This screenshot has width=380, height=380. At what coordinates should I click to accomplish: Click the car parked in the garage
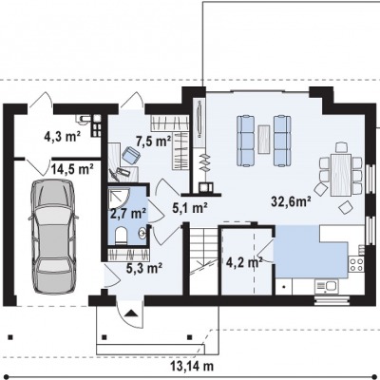click(53, 237)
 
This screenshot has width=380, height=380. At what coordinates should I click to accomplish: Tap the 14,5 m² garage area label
click(72, 169)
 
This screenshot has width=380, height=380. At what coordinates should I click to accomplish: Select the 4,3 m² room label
click(63, 137)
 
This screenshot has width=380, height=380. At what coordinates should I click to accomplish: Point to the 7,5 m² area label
click(153, 142)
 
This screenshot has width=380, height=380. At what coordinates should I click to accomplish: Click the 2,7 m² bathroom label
click(128, 214)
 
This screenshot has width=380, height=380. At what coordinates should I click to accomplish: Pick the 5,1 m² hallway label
click(190, 208)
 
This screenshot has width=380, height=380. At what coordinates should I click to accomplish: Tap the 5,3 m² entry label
click(144, 268)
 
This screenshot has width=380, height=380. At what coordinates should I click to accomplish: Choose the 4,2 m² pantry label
click(244, 262)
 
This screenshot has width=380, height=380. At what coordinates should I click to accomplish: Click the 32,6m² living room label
click(291, 201)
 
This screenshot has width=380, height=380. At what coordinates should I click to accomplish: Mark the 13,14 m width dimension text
click(192, 367)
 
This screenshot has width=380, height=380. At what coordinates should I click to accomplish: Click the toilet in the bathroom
click(121, 236)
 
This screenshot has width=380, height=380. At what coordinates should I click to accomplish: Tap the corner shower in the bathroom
click(119, 197)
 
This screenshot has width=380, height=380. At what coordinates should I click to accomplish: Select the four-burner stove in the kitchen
click(356, 264)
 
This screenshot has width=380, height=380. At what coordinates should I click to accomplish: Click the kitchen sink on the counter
click(326, 287)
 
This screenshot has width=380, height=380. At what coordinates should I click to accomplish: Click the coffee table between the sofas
click(264, 140)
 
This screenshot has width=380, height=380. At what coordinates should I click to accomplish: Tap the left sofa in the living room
click(246, 141)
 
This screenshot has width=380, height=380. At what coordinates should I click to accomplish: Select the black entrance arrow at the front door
click(131, 313)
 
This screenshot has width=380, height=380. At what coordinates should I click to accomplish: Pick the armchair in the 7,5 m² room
click(131, 155)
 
